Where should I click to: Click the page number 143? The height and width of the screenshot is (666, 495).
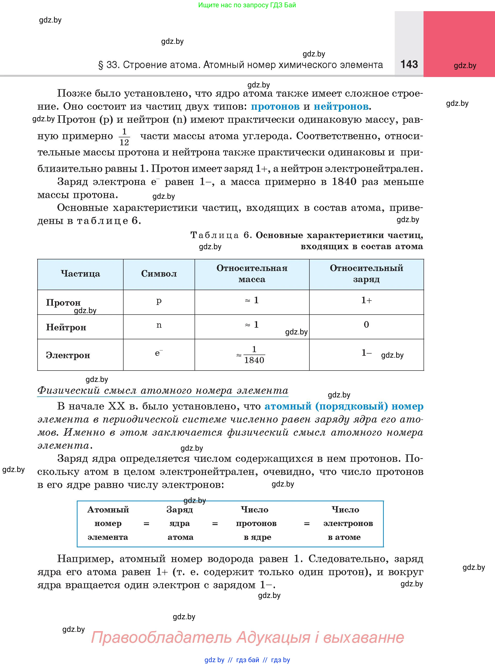point(409,64)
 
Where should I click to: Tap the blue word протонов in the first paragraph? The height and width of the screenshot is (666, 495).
point(275,107)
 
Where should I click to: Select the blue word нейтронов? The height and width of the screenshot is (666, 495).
point(341,107)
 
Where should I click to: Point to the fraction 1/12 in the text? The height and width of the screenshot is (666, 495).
point(124,137)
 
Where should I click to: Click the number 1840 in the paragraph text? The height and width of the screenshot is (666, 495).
point(344,182)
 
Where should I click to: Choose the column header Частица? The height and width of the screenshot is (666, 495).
point(80,274)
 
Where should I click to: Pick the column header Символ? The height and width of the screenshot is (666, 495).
point(159,274)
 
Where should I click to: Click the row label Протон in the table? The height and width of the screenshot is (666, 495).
point(63,302)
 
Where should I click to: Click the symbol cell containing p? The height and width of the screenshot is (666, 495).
point(159,301)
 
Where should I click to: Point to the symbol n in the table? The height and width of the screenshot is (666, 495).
point(159,325)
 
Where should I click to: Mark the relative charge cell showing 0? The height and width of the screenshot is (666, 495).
point(366,325)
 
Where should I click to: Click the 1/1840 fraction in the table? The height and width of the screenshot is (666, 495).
point(254,355)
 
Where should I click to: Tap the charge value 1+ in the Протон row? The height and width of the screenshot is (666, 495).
point(366,300)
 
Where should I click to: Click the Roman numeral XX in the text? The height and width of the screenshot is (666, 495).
point(116,406)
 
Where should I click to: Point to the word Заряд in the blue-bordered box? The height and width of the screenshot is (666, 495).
point(180,510)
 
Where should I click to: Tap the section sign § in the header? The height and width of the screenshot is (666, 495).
point(101,65)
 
